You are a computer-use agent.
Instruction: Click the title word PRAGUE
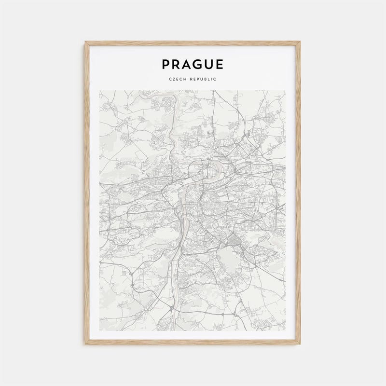point(193,64)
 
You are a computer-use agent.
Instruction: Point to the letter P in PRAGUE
point(165,64)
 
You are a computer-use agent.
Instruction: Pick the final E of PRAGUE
point(220,64)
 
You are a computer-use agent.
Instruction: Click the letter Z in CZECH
point(173,79)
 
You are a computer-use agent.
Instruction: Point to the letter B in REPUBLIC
point(205,79)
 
